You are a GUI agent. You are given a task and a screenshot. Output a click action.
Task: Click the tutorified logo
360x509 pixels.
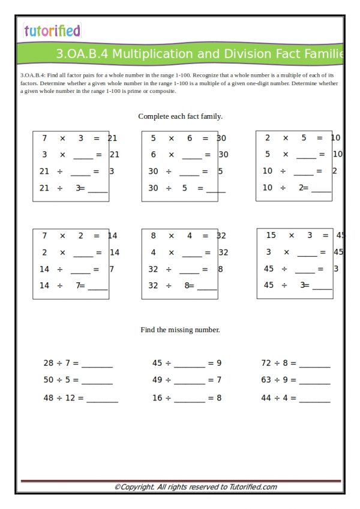click(x=52, y=31)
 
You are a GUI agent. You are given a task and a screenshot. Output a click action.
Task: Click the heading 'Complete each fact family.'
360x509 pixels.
click(x=180, y=116)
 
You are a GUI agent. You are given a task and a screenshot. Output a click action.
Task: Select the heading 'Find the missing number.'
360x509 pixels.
click(x=180, y=330)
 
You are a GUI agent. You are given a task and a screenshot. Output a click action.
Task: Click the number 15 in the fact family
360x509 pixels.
click(x=271, y=236)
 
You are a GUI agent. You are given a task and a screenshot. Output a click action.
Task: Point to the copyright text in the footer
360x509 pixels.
click(x=196, y=487)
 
